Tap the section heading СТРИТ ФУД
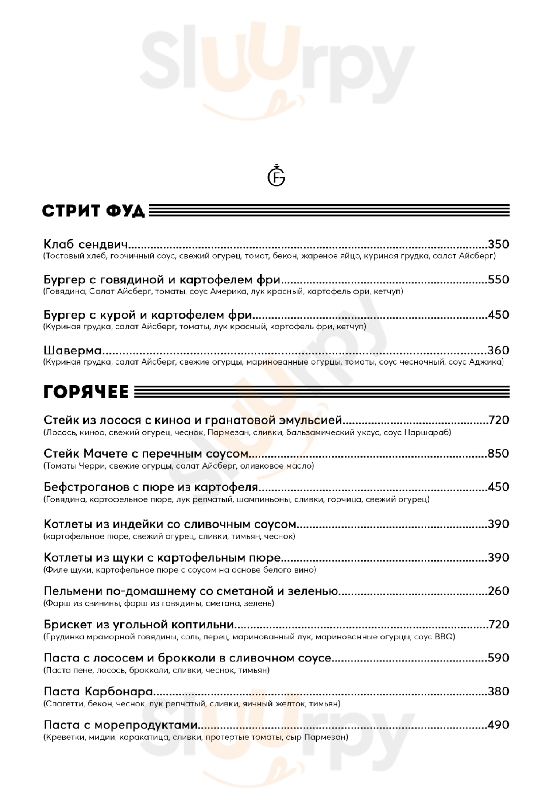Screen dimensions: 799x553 pos(93,211)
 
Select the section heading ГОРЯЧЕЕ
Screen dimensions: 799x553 pos(86,392)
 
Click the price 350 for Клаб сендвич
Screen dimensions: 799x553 pos(498,244)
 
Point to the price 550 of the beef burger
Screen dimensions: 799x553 pos(498,279)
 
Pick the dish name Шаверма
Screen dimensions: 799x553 pos(73,350)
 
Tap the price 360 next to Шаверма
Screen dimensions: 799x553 pos(498,350)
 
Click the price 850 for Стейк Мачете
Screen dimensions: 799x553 pos(498,454)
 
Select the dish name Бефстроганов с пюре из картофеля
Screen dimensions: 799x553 pos(150,487)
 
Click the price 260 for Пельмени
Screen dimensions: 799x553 pos(498,591)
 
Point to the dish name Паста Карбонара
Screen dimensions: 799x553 pos(98,691)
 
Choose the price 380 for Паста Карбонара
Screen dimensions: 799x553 pos(498,691)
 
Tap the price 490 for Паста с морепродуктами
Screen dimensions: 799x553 pos(498,725)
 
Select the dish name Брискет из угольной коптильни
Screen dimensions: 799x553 pos(139,625)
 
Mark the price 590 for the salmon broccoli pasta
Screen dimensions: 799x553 pos(498,658)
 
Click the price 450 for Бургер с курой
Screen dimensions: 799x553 pos(498,315)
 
